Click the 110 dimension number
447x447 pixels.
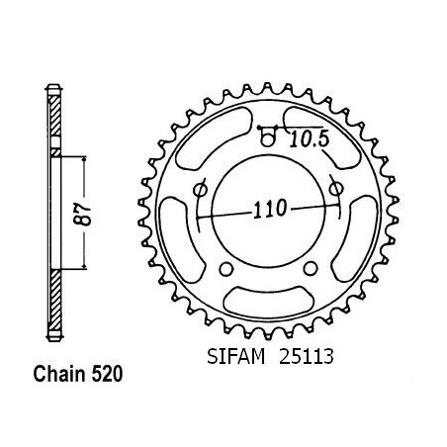pyautogui.click(x=270, y=209)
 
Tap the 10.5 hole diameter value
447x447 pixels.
pyautogui.click(x=310, y=139)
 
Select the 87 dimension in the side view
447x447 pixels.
pyautogui.click(x=83, y=216)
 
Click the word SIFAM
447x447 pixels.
pyautogui.click(x=236, y=356)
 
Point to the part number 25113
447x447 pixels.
pyautogui.click(x=307, y=356)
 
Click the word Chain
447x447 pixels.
pyautogui.click(x=59, y=374)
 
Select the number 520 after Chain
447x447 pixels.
pyautogui.click(x=107, y=375)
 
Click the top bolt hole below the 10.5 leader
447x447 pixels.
pyautogui.click(x=267, y=139)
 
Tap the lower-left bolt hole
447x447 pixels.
pyautogui.click(x=226, y=269)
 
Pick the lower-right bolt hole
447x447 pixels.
pyautogui.click(x=311, y=268)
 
